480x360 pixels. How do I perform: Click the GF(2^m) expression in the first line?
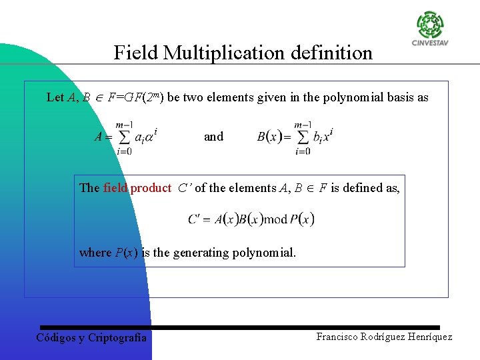tap(141, 97)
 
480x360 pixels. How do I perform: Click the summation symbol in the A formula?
tap(123, 137)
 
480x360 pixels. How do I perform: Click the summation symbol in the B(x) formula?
tap(302, 137)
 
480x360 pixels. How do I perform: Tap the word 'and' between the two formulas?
tap(213, 137)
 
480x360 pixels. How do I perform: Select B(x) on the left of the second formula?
tap(269, 137)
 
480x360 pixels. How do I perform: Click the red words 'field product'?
tap(137, 188)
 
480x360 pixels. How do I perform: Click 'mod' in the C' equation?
tap(275, 219)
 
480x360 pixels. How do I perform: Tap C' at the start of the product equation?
tap(196, 219)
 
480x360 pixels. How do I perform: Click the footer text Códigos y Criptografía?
tap(91, 338)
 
